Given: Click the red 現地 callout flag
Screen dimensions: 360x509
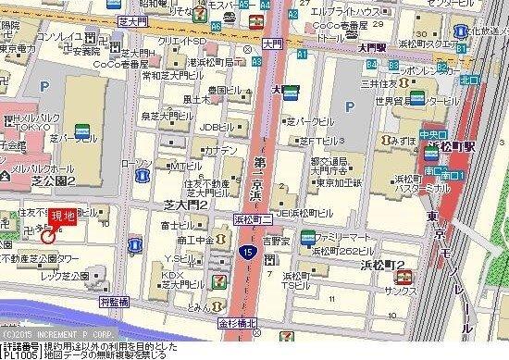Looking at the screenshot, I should click(63, 217).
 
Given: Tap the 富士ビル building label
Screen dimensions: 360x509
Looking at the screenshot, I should click(174, 225).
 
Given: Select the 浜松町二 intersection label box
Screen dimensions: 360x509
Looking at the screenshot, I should click(254, 219).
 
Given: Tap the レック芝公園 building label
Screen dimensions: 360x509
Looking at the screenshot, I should click(62, 276).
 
